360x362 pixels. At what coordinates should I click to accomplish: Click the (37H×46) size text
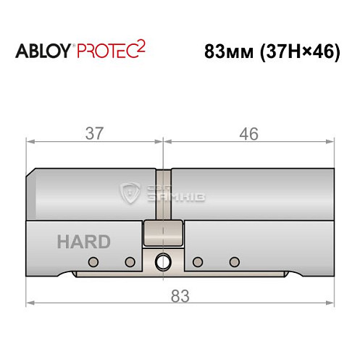coord(298,53)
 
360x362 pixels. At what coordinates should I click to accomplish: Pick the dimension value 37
coord(94,134)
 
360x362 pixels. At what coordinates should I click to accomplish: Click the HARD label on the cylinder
coord(80,242)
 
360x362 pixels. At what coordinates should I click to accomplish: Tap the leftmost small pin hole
coord(93,261)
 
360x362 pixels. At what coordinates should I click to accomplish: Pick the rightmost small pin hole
coord(233,261)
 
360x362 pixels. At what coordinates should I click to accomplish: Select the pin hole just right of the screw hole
coord(197,261)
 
